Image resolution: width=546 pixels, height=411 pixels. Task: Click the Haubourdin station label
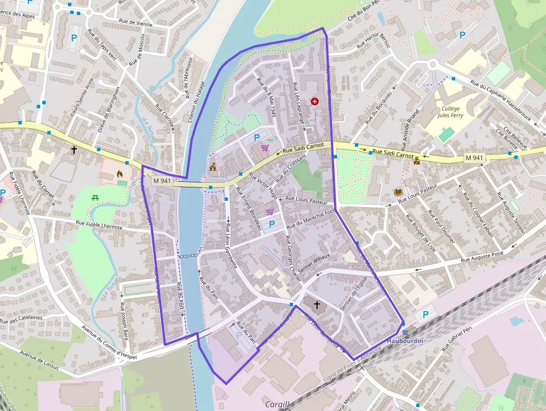click(405, 341)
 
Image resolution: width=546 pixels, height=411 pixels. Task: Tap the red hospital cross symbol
click(315, 101)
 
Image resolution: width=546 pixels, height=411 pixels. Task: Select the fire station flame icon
click(119, 174)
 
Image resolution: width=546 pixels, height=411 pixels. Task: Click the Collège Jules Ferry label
click(450, 112)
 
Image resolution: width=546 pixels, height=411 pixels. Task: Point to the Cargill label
click(277, 404)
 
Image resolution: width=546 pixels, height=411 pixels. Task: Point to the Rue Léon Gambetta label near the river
click(228, 243)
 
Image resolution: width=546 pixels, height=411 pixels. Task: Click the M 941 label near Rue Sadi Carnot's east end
click(474, 158)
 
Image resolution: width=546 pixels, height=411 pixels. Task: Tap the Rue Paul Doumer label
click(441, 226)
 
